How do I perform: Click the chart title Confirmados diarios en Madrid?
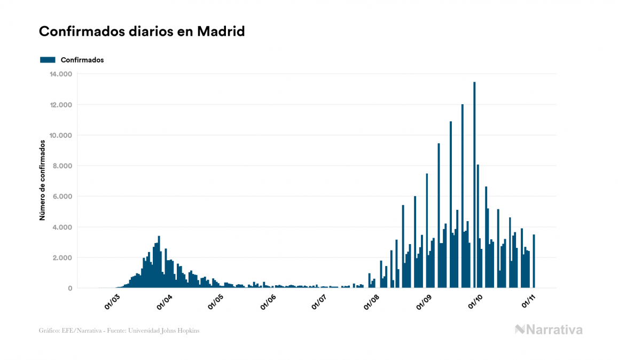(142, 32)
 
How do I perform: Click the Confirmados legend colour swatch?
(48, 60)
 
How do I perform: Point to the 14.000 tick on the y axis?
(60, 74)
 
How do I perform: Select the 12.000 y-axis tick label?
(60, 105)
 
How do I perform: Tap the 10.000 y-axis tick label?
(60, 135)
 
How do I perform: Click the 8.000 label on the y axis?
(62, 166)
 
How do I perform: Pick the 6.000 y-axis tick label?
(62, 197)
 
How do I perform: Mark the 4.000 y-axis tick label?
(62, 227)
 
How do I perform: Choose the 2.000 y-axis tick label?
(62, 257)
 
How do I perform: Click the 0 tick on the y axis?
(69, 288)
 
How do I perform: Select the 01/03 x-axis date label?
(113, 302)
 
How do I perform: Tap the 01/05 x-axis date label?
(216, 302)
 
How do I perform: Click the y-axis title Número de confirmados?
(42, 181)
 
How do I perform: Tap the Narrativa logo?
(549, 330)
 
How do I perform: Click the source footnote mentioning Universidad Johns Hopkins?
(119, 331)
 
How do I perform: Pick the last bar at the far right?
(534, 261)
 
